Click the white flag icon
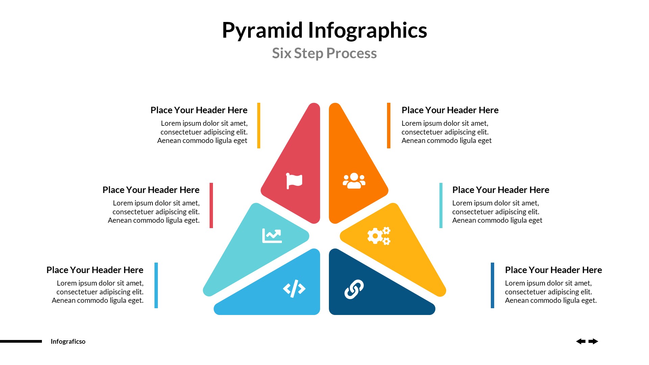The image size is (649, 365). (294, 181)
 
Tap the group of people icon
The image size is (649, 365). (354, 181)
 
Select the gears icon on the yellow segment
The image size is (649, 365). (379, 236)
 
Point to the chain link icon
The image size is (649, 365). (354, 289)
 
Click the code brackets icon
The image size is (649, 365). (294, 289)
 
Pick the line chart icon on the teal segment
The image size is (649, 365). (272, 236)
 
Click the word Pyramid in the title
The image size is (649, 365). (262, 30)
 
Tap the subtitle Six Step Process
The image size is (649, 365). (324, 53)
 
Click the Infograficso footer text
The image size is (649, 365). (68, 342)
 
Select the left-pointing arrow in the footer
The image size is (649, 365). (581, 341)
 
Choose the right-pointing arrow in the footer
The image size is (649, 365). (593, 341)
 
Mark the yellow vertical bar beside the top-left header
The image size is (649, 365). (259, 125)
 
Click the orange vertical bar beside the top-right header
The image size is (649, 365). (389, 125)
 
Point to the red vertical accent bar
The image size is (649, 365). (211, 205)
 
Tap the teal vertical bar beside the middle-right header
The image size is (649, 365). (441, 205)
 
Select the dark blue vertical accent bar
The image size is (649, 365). (492, 285)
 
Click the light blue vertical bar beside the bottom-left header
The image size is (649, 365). (156, 285)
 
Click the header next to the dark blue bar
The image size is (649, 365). (553, 270)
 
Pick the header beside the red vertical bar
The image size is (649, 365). (151, 190)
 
